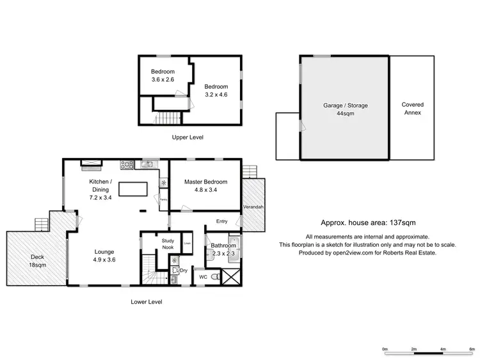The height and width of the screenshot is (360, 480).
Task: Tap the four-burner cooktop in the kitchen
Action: [126, 165]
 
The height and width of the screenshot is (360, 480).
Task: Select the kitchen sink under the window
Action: [148, 165]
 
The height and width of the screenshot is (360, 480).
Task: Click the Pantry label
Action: [163, 200]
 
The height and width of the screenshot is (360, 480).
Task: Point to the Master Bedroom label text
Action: [205, 182]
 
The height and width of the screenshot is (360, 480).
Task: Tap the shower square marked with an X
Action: [232, 276]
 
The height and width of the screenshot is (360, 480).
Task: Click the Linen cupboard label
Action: [188, 243]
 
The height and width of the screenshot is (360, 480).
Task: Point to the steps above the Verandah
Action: [250, 172]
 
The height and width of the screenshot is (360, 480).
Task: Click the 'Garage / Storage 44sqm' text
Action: [345, 109]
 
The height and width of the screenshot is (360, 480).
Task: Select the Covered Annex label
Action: [412, 109]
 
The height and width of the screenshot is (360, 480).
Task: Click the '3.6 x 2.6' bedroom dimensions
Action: [162, 80]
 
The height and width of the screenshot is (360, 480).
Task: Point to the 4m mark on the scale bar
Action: [443, 349]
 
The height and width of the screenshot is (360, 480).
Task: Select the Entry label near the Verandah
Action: [222, 221]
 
